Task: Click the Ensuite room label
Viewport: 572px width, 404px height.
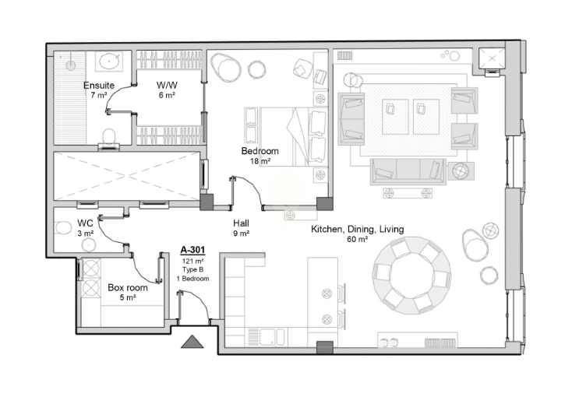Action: click(99, 86)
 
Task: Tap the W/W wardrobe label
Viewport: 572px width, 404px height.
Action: click(167, 86)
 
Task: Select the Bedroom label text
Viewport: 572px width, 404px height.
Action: click(260, 151)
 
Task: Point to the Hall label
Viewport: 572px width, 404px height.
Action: click(241, 223)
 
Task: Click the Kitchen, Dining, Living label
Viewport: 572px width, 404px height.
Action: click(357, 229)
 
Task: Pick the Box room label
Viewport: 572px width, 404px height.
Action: click(128, 288)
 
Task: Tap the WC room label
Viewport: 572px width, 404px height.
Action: click(85, 223)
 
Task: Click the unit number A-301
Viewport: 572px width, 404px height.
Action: click(192, 250)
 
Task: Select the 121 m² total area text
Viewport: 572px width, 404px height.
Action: click(192, 261)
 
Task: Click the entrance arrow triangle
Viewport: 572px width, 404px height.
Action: click(192, 342)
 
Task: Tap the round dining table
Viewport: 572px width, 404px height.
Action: click(411, 276)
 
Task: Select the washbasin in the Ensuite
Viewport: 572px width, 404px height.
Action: click(109, 61)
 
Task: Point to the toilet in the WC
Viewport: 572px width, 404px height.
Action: click(63, 228)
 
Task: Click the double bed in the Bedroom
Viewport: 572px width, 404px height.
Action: click(293, 136)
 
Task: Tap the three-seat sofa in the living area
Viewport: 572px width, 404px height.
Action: click(408, 171)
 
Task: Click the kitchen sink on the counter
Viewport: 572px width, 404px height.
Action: click(272, 337)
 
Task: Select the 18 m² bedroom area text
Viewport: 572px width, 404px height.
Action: click(260, 160)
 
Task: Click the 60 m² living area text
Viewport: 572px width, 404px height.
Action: click(357, 239)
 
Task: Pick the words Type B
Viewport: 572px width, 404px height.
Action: click(192, 269)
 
